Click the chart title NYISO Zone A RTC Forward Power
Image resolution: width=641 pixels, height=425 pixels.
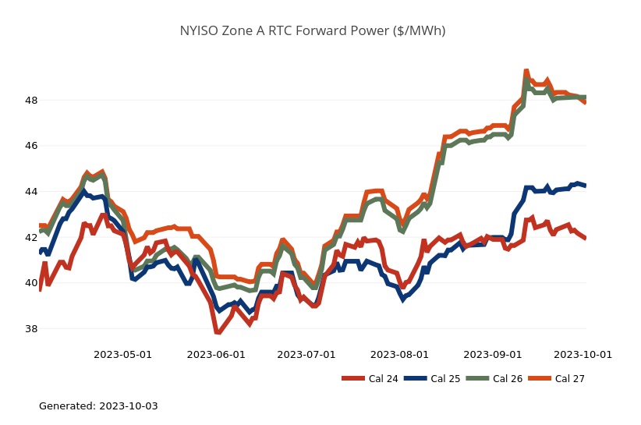click(313, 31)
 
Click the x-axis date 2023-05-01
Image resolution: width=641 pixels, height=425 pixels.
click(122, 355)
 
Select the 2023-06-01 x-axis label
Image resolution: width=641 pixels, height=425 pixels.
click(216, 355)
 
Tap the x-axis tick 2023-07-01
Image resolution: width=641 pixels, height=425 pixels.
click(306, 355)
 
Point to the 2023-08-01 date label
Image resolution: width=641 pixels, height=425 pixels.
click(399, 355)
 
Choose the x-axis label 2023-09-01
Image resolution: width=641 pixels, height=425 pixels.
click(493, 355)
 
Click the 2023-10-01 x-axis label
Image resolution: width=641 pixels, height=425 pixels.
click(583, 355)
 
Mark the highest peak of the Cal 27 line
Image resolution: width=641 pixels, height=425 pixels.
click(526, 71)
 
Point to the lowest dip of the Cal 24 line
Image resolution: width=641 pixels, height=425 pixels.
click(218, 333)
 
